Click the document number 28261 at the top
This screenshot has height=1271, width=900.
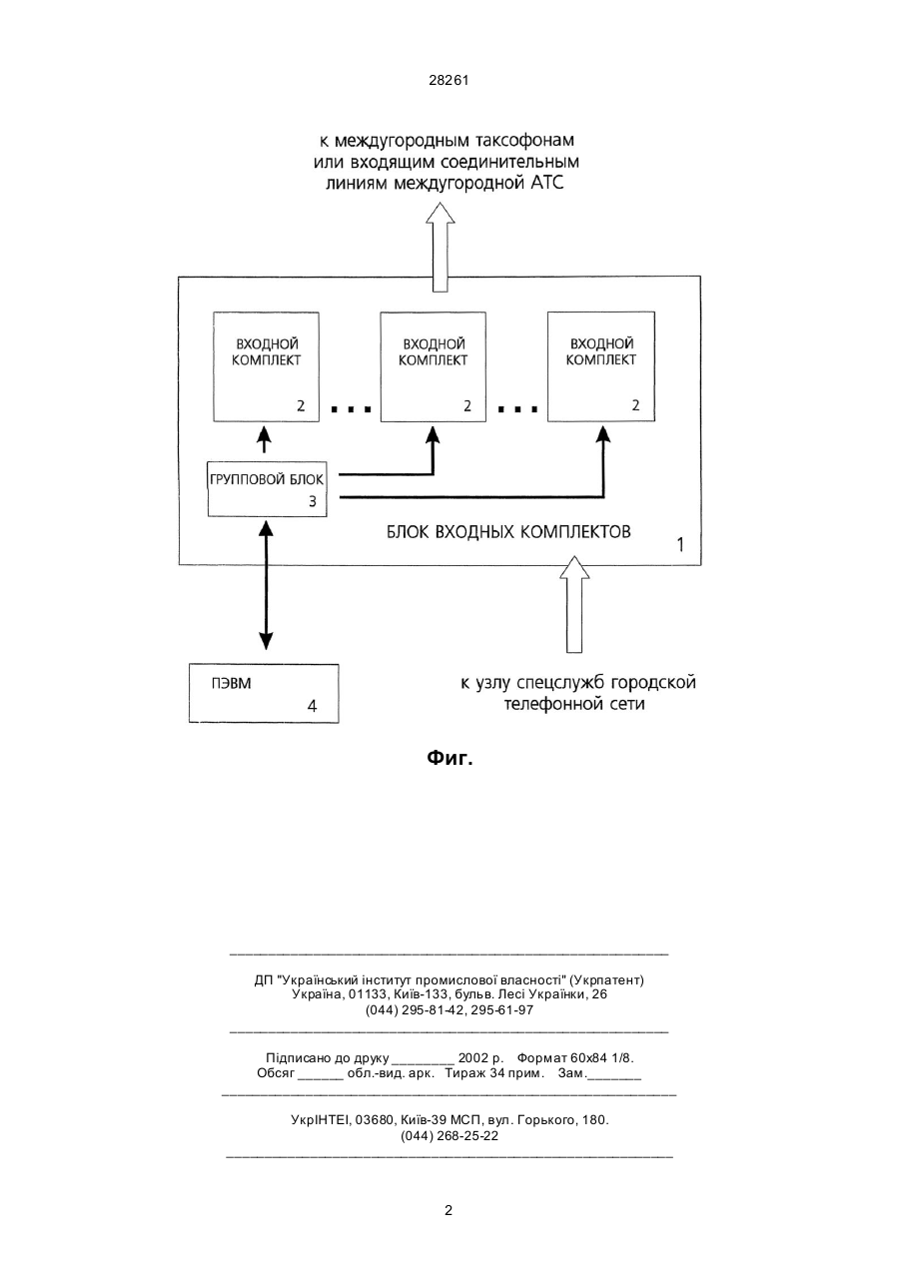[x=449, y=81]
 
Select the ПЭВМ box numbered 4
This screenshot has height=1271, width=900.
[x=264, y=693]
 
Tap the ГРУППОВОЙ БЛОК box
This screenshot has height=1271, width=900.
[x=268, y=489]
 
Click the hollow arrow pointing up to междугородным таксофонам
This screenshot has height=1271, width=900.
[x=441, y=247]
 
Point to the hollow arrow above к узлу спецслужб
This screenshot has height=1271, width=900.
[x=574, y=604]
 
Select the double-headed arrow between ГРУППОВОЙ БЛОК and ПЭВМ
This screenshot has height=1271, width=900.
[x=266, y=585]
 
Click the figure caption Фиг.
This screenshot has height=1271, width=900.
[x=450, y=758]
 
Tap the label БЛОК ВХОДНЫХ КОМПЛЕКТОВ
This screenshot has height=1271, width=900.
[x=508, y=532]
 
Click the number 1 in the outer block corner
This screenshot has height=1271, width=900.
[x=680, y=545]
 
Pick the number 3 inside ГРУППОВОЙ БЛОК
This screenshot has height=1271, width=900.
[x=313, y=501]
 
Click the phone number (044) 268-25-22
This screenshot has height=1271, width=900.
[x=450, y=1136]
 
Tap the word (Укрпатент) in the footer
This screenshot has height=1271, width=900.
[x=606, y=979]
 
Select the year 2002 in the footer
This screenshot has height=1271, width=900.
[x=473, y=1057]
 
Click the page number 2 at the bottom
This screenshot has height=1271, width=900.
[x=449, y=1211]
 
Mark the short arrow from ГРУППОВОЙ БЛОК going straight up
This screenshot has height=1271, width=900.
[x=264, y=439]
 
